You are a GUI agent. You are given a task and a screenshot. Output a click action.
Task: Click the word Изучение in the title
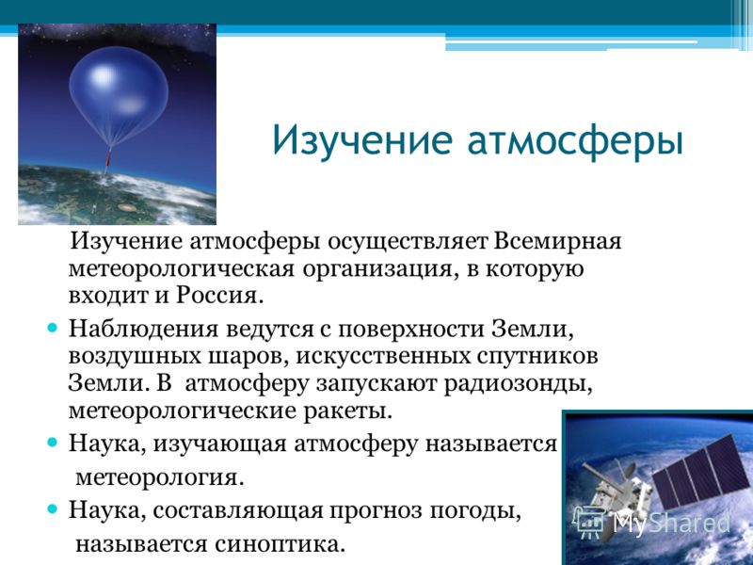(362, 140)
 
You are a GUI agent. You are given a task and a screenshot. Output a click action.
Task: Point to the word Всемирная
(557, 241)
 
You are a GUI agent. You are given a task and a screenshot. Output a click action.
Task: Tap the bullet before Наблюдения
(53, 329)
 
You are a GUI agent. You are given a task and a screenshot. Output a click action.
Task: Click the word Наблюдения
(144, 330)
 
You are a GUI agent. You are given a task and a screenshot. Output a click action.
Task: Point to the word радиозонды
(518, 384)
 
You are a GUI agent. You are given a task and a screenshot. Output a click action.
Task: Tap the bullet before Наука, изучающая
(53, 443)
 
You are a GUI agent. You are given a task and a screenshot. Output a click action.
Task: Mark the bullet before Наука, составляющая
(53, 508)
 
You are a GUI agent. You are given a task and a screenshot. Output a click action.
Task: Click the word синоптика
(280, 544)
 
